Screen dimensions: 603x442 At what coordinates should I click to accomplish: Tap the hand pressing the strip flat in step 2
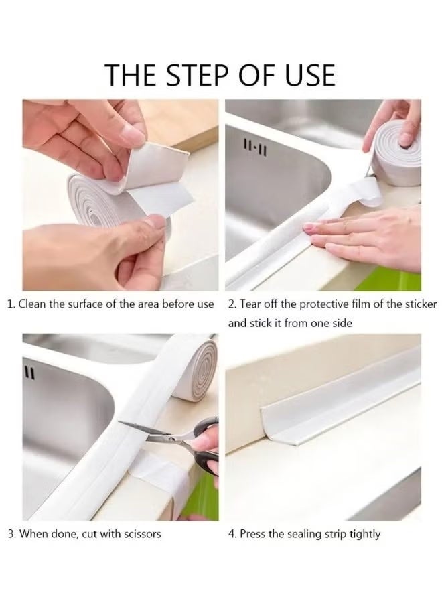tap(365, 234)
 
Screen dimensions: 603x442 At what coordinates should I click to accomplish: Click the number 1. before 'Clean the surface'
tap(11, 304)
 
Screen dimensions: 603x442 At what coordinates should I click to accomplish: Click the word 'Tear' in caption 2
tap(250, 304)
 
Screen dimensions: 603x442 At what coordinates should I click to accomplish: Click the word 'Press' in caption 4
tap(252, 534)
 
